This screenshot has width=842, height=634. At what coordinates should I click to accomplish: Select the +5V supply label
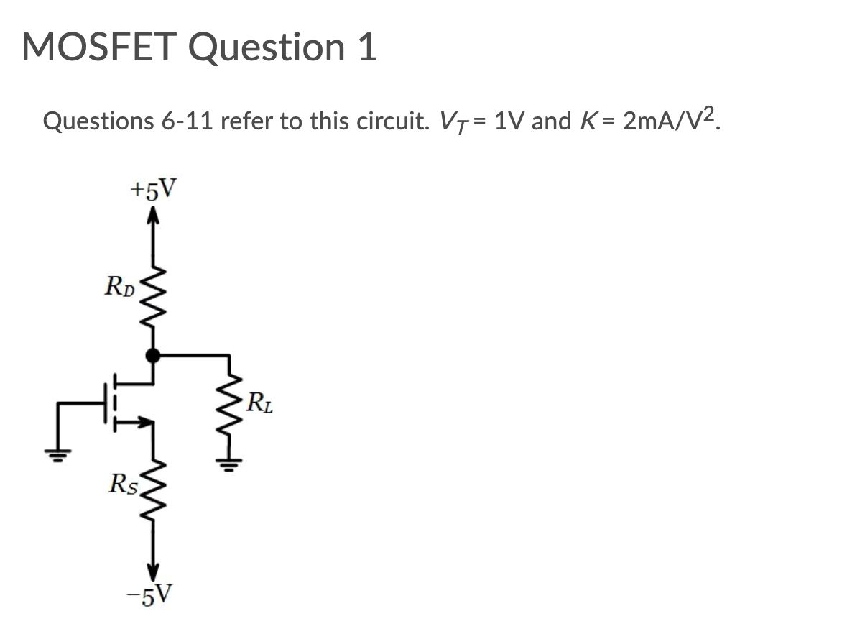(152, 189)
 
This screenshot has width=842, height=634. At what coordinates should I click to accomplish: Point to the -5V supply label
(153, 594)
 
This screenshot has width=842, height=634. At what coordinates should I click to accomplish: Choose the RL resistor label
(259, 405)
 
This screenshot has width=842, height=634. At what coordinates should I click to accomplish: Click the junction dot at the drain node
(152, 354)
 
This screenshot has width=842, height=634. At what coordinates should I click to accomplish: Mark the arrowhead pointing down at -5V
(152, 570)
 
